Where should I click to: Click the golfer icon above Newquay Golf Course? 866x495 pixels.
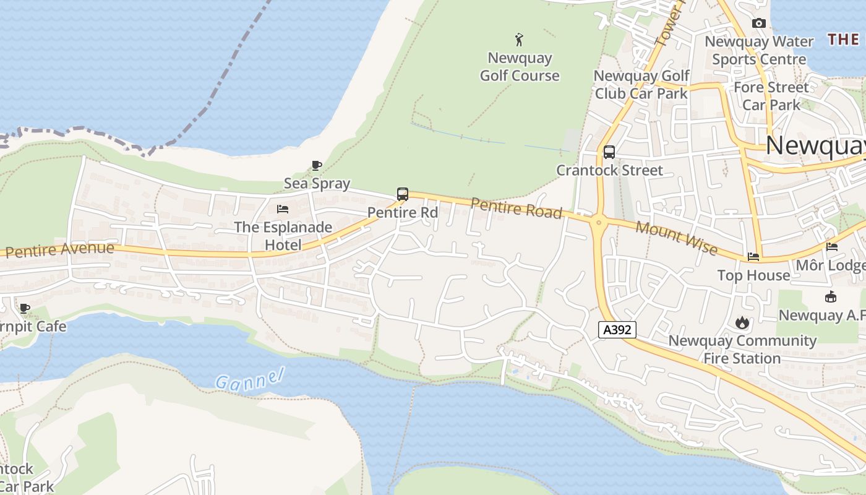tap(519, 40)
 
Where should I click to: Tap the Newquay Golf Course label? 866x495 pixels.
tap(520, 67)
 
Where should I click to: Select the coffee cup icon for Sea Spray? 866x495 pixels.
tap(317, 165)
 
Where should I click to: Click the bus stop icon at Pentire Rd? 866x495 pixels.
tap(403, 194)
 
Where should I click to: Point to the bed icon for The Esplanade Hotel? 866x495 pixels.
tap(283, 209)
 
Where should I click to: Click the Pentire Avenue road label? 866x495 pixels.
tap(60, 250)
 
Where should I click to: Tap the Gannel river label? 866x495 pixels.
tap(249, 378)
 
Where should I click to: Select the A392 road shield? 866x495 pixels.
tap(617, 330)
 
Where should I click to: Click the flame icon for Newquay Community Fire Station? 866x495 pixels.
tap(742, 322)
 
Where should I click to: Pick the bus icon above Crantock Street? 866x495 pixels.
tap(609, 152)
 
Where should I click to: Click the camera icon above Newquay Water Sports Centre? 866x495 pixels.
tap(759, 24)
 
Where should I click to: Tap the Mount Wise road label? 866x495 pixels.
tap(676, 238)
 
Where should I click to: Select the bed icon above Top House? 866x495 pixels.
tap(753, 256)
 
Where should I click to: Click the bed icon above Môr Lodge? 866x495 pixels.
tap(832, 247)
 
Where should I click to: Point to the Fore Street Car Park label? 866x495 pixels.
tap(771, 96)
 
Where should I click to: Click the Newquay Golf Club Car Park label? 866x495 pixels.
tap(641, 85)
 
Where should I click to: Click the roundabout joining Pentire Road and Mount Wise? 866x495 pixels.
tap(598, 222)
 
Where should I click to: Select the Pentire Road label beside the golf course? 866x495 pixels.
tap(517, 208)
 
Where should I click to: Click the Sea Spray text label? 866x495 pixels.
tap(317, 183)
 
